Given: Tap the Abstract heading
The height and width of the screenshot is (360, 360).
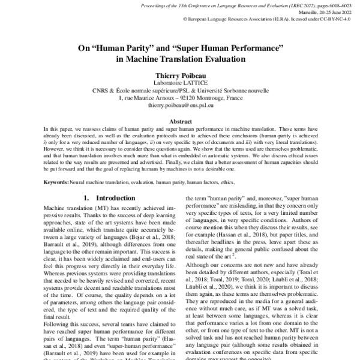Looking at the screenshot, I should point(180,121).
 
